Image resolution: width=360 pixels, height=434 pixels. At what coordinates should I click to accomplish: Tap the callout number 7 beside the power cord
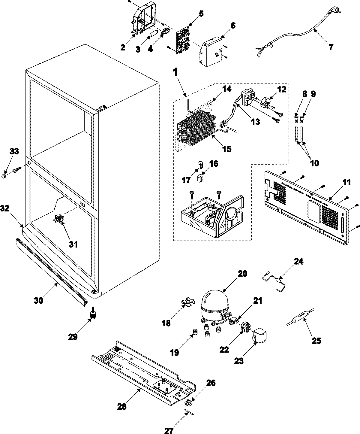(x=331, y=47)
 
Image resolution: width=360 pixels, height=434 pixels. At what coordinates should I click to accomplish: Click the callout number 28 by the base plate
(x=122, y=407)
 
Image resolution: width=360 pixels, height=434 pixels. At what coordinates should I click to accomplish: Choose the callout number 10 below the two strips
(x=314, y=163)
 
